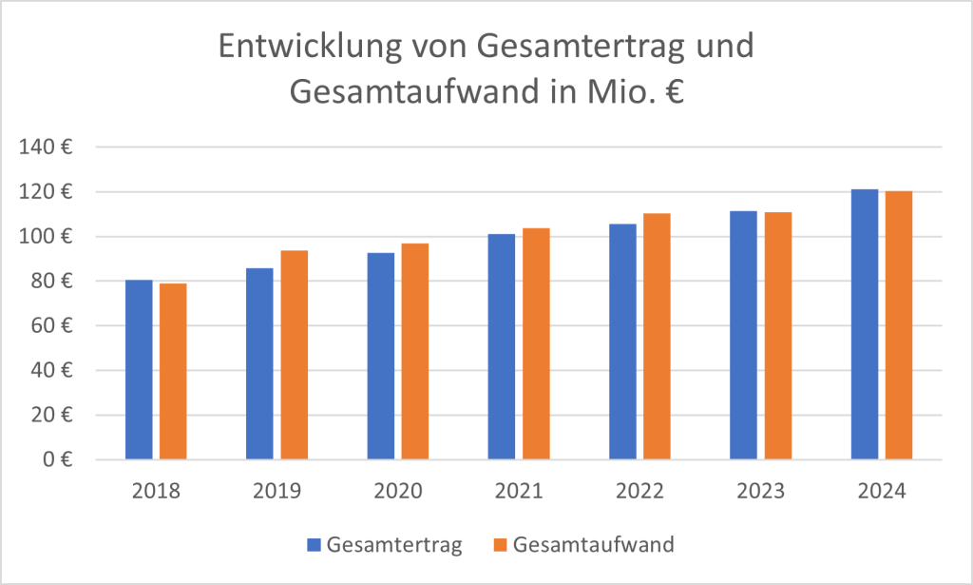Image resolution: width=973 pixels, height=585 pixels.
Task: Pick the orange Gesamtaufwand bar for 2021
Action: click(536, 343)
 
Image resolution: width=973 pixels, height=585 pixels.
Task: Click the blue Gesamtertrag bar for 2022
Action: click(622, 341)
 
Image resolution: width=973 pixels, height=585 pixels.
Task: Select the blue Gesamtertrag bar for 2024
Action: click(865, 324)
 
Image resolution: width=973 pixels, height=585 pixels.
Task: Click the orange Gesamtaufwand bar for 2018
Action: click(173, 371)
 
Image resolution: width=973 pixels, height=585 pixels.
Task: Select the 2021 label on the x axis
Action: click(519, 492)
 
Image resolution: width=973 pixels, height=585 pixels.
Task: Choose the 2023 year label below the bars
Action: click(760, 492)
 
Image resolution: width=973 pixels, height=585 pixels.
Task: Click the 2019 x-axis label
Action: click(277, 492)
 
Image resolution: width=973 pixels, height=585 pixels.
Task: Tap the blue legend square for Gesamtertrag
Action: click(314, 545)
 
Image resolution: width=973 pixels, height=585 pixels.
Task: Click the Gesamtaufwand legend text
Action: click(593, 545)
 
